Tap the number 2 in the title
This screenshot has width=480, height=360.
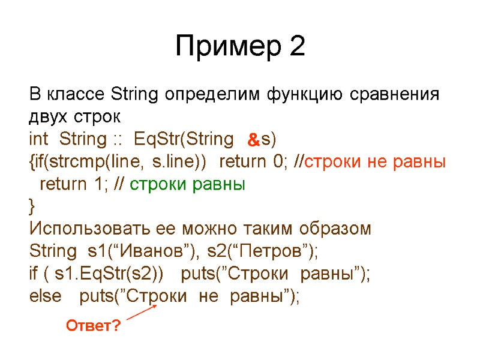pyautogui.click(x=296, y=47)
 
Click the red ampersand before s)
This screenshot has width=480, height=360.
pyautogui.click(x=253, y=141)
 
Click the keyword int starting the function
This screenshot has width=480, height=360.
pyautogui.click(x=41, y=140)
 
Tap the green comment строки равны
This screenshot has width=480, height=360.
pyautogui.click(x=188, y=184)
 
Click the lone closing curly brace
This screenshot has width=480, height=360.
pyautogui.click(x=32, y=207)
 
